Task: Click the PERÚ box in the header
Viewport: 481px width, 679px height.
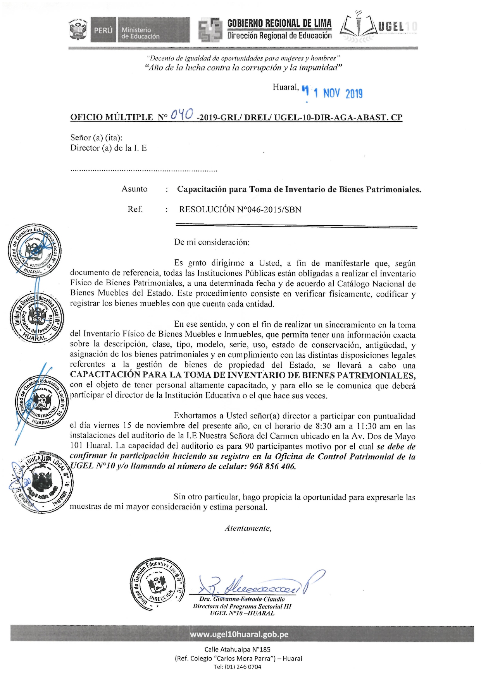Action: coord(103,30)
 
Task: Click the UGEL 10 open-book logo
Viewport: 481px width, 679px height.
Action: coord(359,27)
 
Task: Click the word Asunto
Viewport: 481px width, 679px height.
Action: coord(134,189)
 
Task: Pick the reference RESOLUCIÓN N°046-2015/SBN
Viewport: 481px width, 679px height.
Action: coord(240,209)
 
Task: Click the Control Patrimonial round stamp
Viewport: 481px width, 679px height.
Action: coord(35,250)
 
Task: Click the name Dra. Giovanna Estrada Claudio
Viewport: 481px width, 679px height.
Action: coord(242,599)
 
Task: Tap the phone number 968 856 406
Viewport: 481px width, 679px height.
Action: coord(272,466)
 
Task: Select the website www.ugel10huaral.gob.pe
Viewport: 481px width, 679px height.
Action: coord(239,634)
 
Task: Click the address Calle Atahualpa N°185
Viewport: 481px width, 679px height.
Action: coord(237,650)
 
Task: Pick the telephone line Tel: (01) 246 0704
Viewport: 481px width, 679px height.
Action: coord(237,667)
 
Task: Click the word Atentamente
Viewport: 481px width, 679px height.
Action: coord(248,528)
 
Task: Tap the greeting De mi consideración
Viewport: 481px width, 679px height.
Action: coord(212,242)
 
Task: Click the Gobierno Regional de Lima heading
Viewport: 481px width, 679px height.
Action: coord(279,23)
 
